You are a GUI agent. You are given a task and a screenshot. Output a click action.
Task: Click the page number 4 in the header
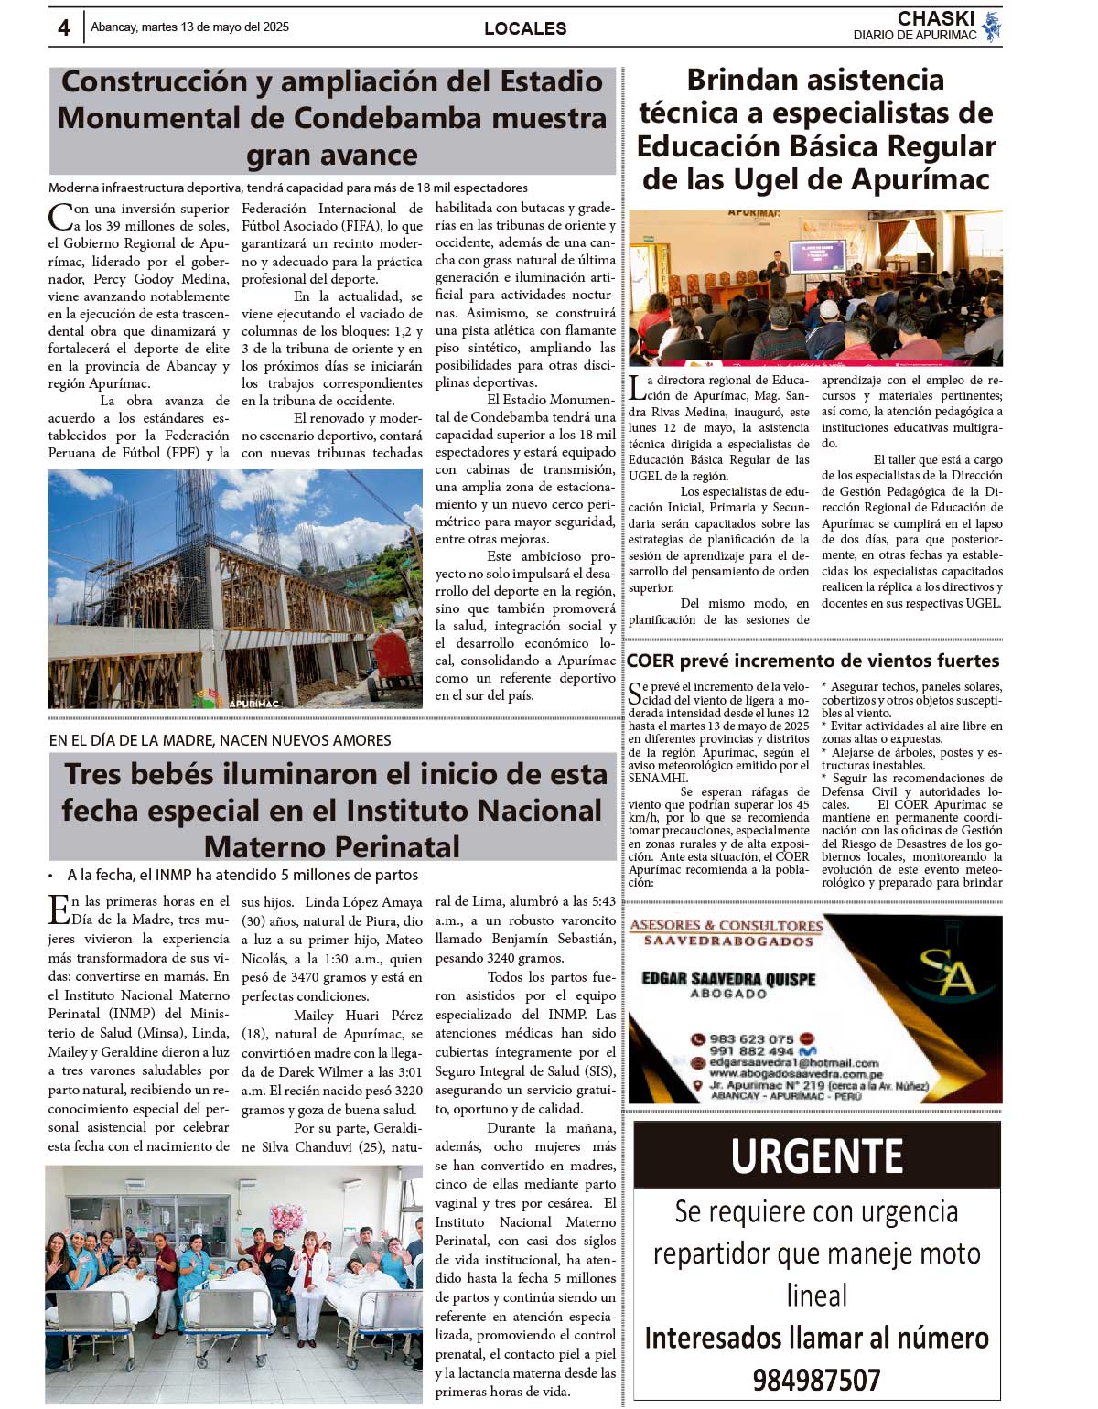[x=63, y=27]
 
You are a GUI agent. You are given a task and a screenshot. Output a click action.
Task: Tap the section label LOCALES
[x=525, y=28]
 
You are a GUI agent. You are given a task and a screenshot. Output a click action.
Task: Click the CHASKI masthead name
[x=936, y=19]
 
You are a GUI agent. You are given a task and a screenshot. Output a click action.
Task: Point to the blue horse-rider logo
[x=991, y=27]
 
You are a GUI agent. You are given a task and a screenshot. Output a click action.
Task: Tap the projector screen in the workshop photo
[x=816, y=255]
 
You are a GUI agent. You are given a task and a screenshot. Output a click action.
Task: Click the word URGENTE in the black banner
[x=817, y=1156]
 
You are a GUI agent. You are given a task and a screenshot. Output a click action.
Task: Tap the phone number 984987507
[x=816, y=1380]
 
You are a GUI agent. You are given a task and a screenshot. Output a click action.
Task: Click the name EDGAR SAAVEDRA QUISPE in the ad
[x=728, y=979]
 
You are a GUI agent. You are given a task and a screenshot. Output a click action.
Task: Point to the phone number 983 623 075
[x=751, y=1039]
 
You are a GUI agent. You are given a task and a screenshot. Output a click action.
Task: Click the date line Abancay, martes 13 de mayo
[x=189, y=27]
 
